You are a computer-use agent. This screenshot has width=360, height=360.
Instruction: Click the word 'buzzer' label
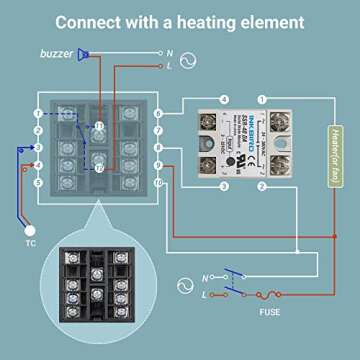(56, 54)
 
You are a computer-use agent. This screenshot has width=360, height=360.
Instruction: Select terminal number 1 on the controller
(38, 112)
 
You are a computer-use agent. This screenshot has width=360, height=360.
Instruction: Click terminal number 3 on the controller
(38, 147)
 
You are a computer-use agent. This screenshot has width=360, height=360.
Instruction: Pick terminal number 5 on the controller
(38, 182)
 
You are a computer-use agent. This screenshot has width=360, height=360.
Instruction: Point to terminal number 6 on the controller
(159, 112)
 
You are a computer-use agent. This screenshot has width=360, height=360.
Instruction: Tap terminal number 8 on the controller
(159, 147)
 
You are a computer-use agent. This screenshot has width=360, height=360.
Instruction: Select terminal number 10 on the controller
(159, 182)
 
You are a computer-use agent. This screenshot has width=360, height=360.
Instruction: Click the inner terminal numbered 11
(99, 126)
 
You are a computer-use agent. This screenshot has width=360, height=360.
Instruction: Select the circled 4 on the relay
(224, 98)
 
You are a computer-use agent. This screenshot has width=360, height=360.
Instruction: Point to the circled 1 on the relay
(262, 98)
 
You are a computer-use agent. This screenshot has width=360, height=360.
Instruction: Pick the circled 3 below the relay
(224, 186)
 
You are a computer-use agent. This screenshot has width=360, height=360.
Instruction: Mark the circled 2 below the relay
(262, 186)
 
